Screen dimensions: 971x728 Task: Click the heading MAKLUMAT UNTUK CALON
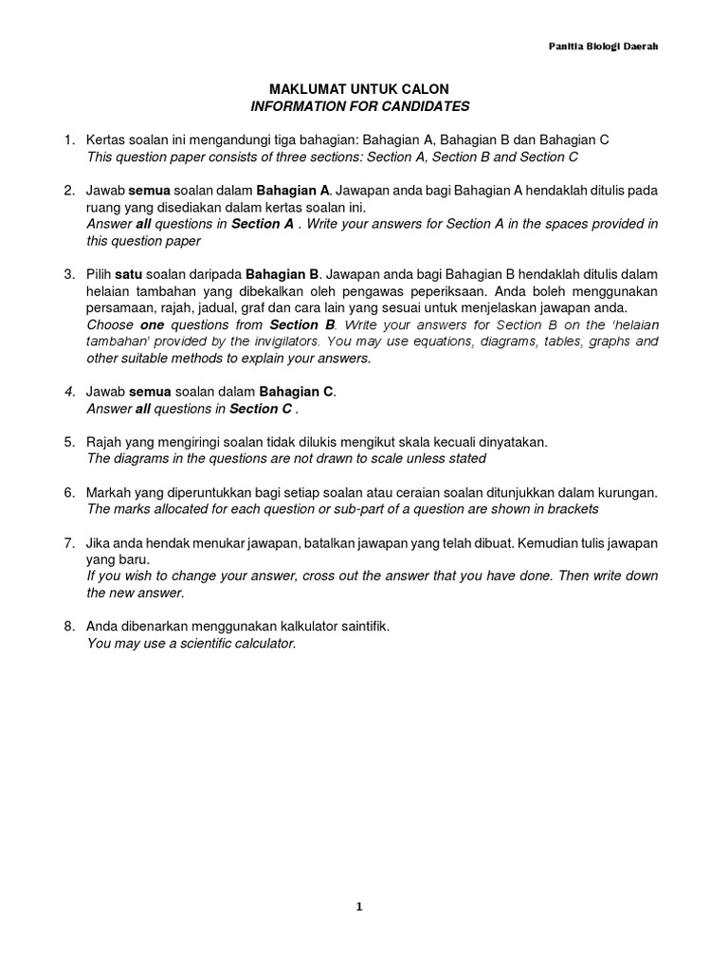pyautogui.click(x=359, y=89)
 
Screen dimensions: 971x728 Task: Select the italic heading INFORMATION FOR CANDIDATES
pyautogui.click(x=359, y=106)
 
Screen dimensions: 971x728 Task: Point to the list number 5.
pyautogui.click(x=69, y=442)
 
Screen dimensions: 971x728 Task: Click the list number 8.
pyautogui.click(x=69, y=627)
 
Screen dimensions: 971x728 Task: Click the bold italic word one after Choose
pyautogui.click(x=153, y=324)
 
